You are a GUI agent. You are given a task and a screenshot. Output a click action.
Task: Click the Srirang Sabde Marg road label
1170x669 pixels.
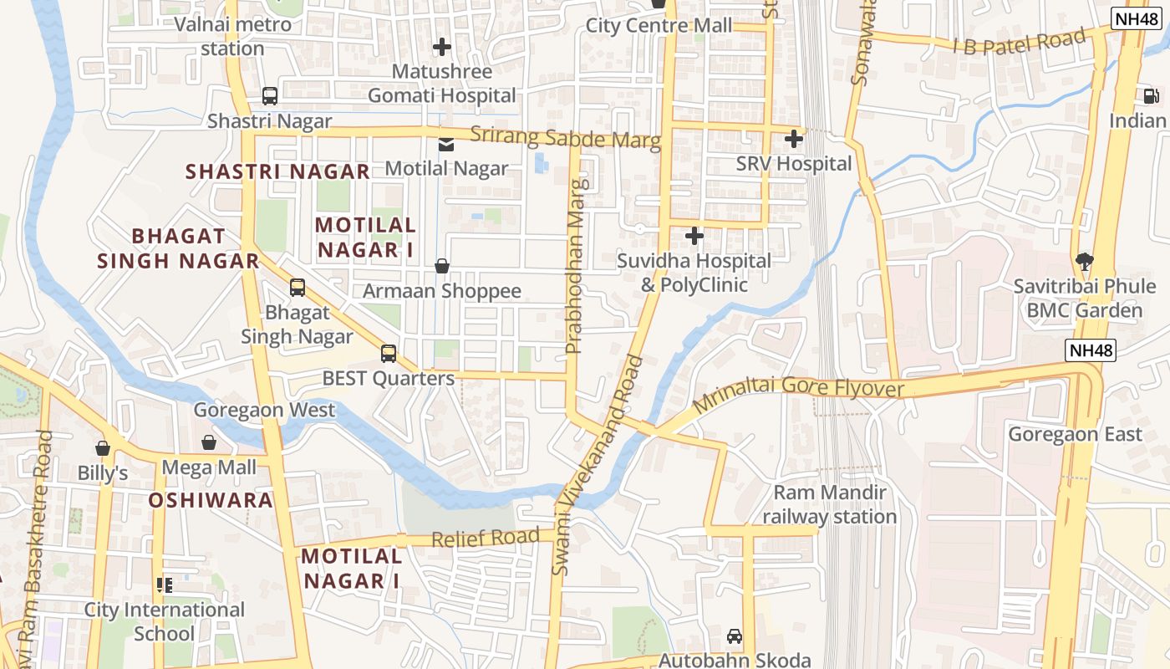pos(565,138)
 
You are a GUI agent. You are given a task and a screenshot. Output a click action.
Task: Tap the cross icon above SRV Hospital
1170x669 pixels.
pos(794,139)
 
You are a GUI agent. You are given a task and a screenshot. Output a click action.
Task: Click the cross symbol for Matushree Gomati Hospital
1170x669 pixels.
pos(442,47)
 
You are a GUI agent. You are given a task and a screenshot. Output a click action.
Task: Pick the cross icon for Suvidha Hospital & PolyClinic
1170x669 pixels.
pos(694,236)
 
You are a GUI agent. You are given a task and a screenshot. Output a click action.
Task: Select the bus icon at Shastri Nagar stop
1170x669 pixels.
pos(270,96)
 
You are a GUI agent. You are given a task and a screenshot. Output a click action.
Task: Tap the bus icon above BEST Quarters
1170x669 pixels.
pos(389,353)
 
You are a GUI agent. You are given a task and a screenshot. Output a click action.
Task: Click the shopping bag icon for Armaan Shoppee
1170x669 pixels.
pos(442,266)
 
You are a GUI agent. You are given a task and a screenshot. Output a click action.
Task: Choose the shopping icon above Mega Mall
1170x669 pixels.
pos(209,442)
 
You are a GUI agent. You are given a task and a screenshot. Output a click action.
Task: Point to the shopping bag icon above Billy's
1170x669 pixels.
pos(103,448)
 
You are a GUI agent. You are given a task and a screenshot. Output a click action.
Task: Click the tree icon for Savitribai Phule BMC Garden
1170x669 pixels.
pos(1085,261)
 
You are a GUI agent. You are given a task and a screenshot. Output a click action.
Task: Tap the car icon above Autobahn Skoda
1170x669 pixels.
pos(735,636)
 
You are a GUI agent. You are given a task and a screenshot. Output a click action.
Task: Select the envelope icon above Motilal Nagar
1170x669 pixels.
pos(446,144)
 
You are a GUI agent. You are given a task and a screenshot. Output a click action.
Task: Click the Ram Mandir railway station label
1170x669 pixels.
pos(829,504)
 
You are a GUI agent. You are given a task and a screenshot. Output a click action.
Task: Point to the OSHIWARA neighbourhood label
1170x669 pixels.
pos(211,500)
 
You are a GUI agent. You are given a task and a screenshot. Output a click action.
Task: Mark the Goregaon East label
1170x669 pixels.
pos(1075,434)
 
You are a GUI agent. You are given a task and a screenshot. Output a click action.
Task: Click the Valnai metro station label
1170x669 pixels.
pos(233,36)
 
